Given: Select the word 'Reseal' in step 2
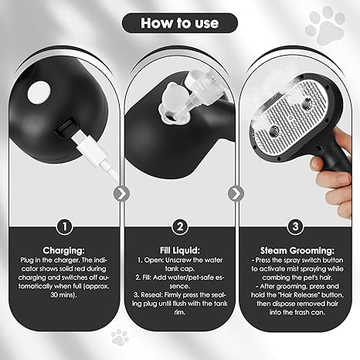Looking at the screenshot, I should [144, 294].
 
